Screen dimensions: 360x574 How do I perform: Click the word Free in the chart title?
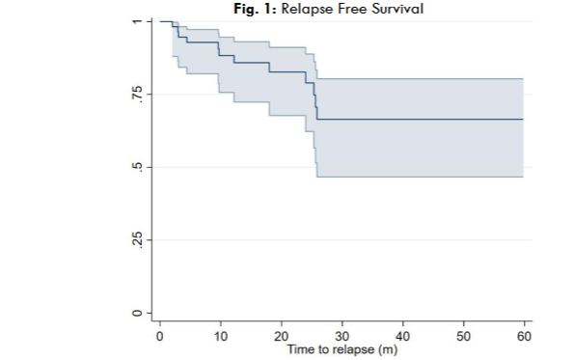(350, 8)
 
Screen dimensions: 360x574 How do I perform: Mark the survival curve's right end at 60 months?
(523, 119)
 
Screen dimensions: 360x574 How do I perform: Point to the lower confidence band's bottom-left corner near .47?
(317, 177)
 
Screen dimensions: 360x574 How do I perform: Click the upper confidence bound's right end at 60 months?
(523, 78)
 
